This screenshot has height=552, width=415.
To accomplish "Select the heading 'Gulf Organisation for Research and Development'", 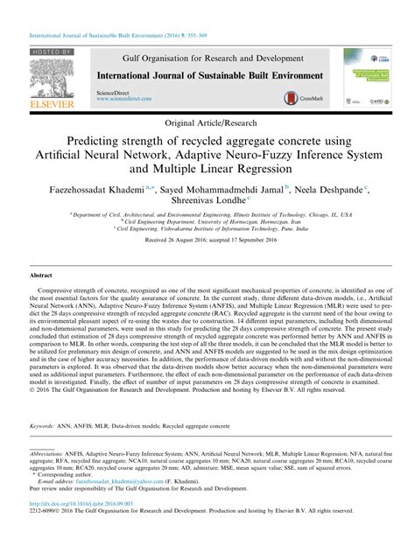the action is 207,55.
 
